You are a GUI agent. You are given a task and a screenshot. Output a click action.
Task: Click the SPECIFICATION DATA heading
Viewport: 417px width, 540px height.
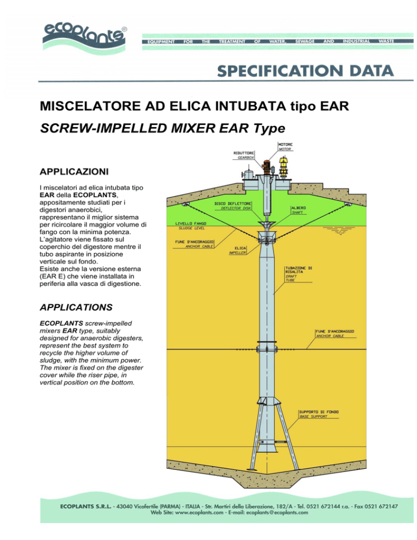[305, 71]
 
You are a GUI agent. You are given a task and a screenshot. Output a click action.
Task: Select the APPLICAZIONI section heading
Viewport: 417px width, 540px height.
[74, 172]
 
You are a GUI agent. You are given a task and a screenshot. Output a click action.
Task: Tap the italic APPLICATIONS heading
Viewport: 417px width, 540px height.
[76, 307]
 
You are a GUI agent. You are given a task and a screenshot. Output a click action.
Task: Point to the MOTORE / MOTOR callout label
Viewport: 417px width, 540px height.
[285, 147]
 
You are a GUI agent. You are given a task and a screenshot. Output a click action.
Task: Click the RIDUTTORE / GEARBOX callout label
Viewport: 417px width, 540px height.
[244, 155]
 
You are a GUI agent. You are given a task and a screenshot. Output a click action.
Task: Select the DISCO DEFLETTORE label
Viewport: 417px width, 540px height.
[233, 206]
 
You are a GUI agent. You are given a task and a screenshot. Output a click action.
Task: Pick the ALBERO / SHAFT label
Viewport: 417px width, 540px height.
[299, 210]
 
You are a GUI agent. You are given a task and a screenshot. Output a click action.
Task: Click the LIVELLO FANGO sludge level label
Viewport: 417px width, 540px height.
[191, 226]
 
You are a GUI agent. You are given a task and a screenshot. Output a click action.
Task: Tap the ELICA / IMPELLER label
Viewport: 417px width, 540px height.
[238, 250]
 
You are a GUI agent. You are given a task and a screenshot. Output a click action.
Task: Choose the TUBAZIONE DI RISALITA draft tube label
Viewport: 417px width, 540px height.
[298, 274]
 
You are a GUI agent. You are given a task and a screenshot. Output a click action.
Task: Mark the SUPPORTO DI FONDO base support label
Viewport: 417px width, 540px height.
[319, 414]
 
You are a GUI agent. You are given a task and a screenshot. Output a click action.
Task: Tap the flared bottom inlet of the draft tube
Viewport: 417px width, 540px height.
[267, 448]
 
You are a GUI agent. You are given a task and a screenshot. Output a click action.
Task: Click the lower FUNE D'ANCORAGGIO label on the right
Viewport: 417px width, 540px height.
[334, 334]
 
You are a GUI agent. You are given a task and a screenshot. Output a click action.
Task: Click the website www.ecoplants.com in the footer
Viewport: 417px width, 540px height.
[199, 512]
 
